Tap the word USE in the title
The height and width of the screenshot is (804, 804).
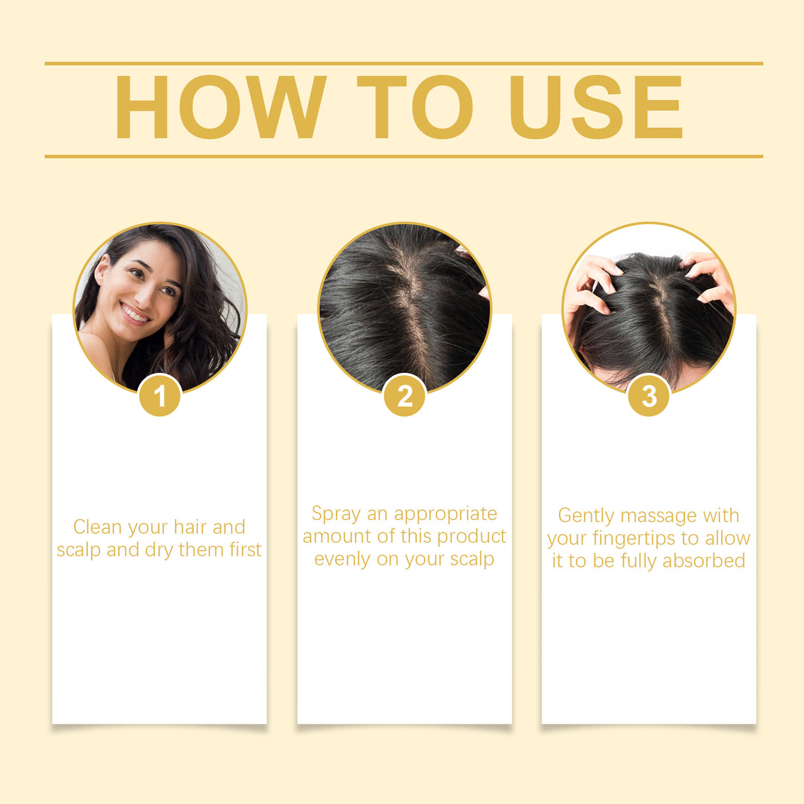(x=595, y=107)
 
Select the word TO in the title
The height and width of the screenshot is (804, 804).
(x=415, y=107)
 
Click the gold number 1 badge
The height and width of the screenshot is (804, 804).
(x=160, y=396)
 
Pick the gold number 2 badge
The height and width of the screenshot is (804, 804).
(x=405, y=396)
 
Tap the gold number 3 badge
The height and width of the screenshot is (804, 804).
(x=649, y=396)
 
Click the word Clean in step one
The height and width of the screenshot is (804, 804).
(x=97, y=527)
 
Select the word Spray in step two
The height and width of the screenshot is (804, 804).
(x=336, y=514)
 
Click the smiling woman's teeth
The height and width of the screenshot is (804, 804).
(x=135, y=313)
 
